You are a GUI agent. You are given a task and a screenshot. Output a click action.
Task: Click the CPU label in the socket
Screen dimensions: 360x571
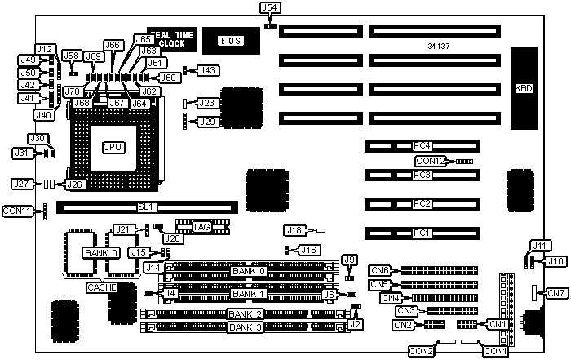click(x=112, y=147)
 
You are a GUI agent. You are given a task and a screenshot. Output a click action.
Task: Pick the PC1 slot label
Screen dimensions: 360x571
click(x=422, y=233)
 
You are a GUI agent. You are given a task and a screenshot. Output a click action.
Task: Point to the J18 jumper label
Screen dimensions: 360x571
click(x=294, y=231)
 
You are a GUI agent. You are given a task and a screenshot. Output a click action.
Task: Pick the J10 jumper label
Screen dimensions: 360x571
click(x=556, y=260)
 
